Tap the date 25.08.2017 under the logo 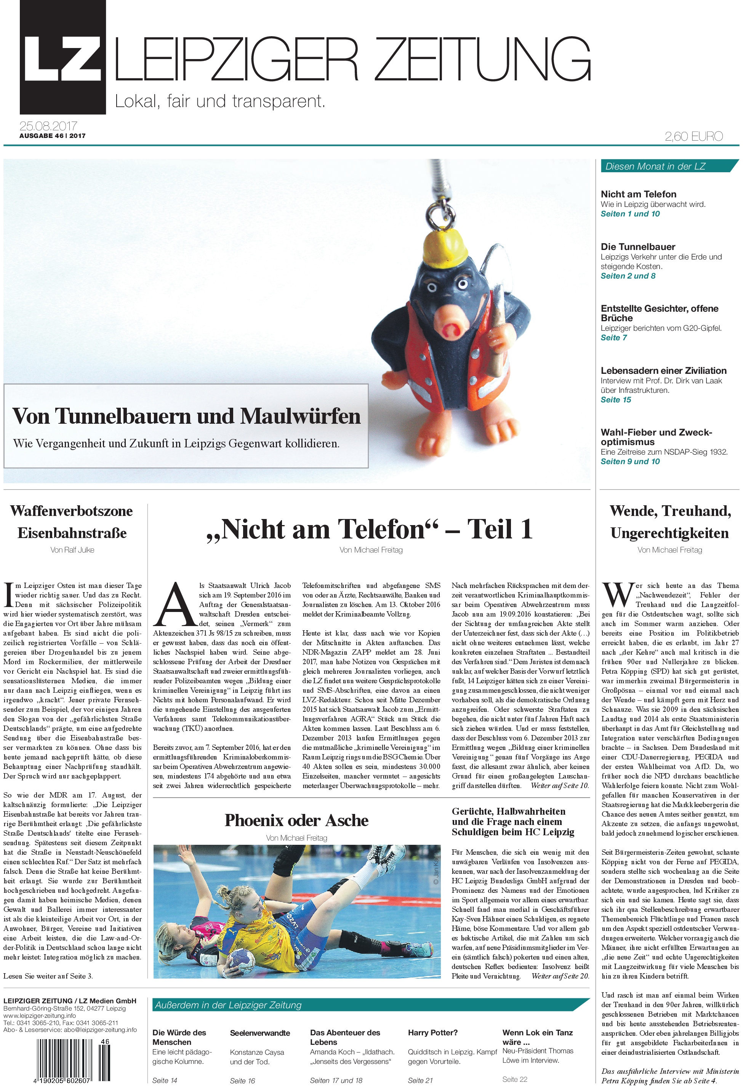tap(48, 126)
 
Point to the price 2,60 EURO tap(693, 136)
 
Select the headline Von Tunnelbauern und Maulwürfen tap(186, 416)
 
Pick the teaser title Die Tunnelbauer tap(638, 247)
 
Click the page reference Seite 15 tap(615, 400)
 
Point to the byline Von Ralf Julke tap(72, 550)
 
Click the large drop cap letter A tap(175, 605)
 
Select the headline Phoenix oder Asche tap(296, 820)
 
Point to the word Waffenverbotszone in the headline tap(72, 511)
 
